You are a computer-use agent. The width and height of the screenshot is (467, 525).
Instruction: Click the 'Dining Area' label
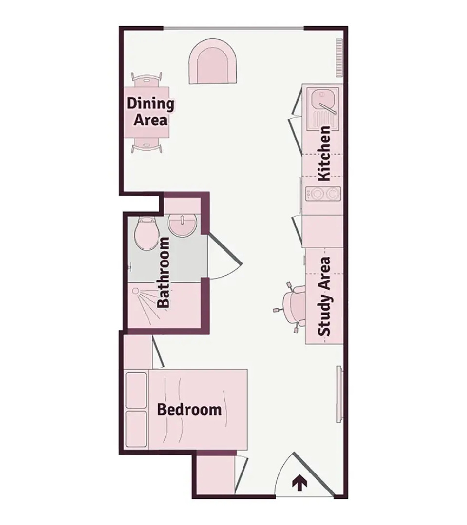[x=150, y=112]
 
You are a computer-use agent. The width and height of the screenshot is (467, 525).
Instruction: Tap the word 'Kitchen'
[x=324, y=154]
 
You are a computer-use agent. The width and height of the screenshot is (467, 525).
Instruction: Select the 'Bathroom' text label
[x=164, y=272]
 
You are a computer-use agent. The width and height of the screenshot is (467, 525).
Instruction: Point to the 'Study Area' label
[x=324, y=296]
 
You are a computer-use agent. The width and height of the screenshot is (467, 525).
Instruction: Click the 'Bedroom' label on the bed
[x=189, y=409]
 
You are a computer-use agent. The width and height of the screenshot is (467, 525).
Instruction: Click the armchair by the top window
[x=214, y=62]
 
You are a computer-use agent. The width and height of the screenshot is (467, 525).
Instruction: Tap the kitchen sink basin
[x=322, y=98]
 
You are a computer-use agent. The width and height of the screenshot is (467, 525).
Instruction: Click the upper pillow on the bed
[x=136, y=390]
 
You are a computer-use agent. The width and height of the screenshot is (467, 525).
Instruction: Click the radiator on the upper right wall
[x=339, y=58]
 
